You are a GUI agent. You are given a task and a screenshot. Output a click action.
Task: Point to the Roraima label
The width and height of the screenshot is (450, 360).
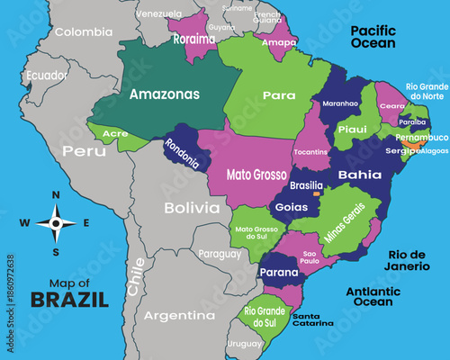[194, 40]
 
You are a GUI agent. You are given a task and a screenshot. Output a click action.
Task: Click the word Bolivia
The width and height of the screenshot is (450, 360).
[192, 208]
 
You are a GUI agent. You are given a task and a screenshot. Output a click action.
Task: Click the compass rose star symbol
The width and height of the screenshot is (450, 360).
[56, 222]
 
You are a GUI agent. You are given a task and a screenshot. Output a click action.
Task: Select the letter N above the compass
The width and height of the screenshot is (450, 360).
[56, 194]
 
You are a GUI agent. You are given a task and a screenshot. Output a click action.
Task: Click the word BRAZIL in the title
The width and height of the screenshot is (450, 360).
[67, 299]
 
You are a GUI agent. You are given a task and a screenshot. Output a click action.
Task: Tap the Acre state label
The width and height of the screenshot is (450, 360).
[115, 134]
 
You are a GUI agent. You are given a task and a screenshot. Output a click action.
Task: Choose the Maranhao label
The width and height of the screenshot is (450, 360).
[341, 103]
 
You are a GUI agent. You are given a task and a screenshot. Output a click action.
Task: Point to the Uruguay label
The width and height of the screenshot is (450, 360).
[244, 343]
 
